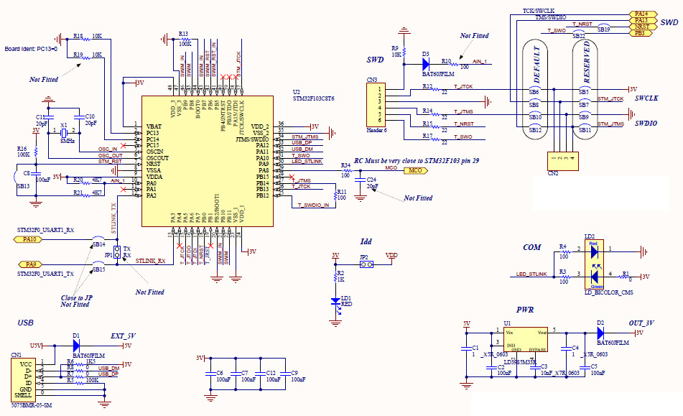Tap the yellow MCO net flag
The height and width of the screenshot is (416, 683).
point(414,170)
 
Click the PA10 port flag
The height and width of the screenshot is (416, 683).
point(29,239)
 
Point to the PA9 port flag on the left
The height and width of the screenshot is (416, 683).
point(29,264)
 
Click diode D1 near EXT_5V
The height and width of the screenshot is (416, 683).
point(76,346)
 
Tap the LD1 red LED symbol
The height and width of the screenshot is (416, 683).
point(335,302)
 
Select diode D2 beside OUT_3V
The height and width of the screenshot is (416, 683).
point(600,333)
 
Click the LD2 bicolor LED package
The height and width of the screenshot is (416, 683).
point(593,262)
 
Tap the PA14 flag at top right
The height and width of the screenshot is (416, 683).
point(640,14)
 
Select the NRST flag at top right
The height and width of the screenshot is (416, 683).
point(640,27)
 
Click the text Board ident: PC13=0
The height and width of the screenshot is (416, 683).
point(31,49)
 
